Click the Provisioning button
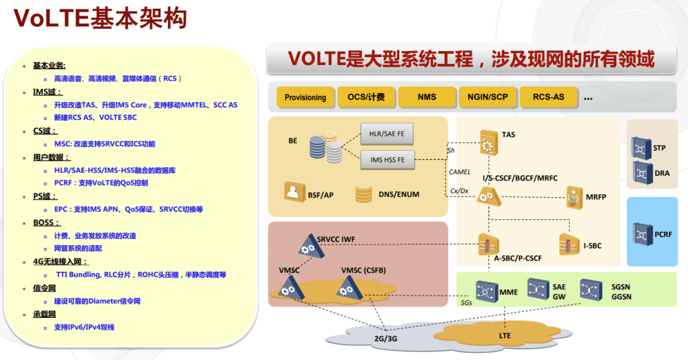click(305, 97)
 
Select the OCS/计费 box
click(366, 97)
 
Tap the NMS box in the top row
click(427, 97)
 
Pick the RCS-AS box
click(548, 97)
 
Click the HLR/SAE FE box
click(386, 134)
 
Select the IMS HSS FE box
click(386, 160)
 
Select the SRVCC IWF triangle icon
click(309, 248)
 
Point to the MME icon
click(486, 291)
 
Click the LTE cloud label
click(505, 334)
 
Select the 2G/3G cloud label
click(386, 339)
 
